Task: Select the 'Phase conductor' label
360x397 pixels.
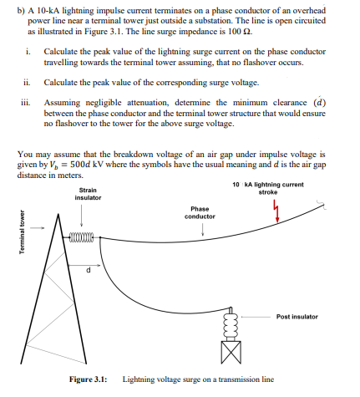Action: tap(200, 212)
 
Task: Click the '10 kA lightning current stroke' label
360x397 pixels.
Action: tap(267, 187)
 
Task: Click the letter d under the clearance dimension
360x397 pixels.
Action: tap(89, 270)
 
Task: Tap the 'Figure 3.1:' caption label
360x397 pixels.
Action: tap(88, 380)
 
